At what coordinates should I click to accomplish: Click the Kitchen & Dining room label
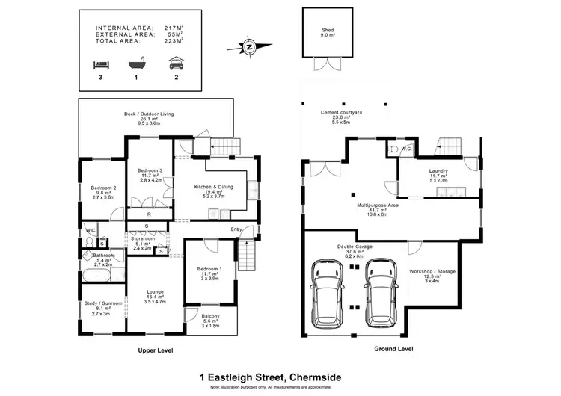[x=213, y=191]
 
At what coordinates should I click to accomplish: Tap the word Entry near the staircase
[x=236, y=229]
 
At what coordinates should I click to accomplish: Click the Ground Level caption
[x=393, y=349]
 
